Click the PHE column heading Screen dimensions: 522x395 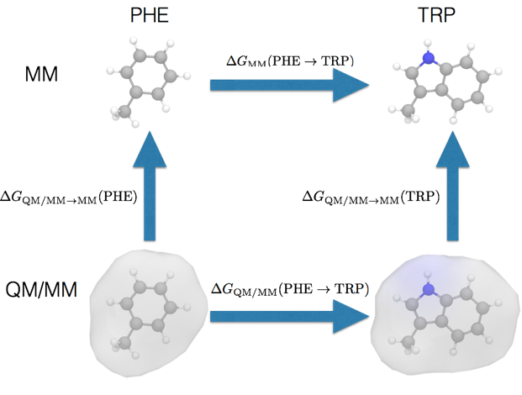[150, 15]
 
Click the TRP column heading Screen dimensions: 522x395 [436, 15]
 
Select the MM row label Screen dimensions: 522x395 [41, 74]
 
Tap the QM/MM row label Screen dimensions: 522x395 [41, 289]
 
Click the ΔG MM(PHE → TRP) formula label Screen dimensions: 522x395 [290, 61]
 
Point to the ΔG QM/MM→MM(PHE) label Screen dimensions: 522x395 [69, 197]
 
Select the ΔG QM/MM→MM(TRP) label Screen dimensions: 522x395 [371, 197]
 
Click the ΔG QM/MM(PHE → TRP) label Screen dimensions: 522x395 [290, 289]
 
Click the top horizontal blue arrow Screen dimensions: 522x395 [290, 85]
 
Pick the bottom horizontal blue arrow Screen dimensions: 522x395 [290, 316]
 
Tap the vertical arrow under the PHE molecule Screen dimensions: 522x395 [150, 186]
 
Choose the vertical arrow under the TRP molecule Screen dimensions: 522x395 [452, 186]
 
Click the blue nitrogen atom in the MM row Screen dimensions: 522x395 [429, 58]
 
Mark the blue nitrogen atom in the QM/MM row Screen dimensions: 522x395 [429, 289]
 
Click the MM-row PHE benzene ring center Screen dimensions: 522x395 [148, 74]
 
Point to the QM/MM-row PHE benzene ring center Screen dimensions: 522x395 [148, 306]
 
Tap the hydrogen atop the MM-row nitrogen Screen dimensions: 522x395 [428, 43]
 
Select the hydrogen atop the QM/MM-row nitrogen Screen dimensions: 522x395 [428, 274]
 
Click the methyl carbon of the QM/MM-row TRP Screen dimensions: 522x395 [408, 342]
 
